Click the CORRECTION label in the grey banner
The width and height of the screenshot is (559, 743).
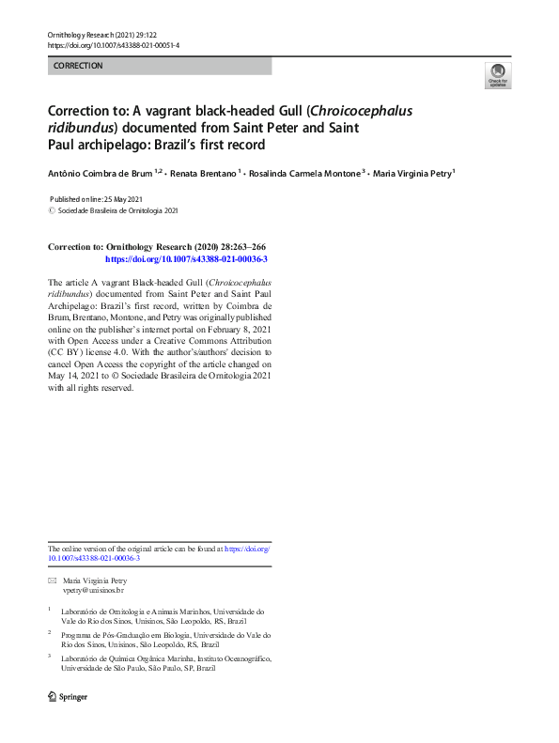78,66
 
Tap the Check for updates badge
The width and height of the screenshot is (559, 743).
497,76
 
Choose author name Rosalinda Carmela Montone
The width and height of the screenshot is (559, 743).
303,173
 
